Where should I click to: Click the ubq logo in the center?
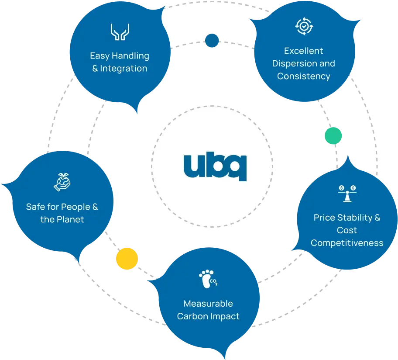tap(215, 166)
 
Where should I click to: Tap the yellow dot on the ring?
tap(127, 259)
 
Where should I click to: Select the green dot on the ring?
tap(333, 135)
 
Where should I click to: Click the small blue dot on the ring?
tap(212, 41)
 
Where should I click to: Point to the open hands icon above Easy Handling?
tap(120, 32)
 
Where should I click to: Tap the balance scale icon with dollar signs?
tap(347, 193)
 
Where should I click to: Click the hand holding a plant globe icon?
tap(62, 182)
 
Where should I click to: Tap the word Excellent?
tap(304, 51)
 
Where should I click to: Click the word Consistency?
tap(304, 76)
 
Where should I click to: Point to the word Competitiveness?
tap(347, 243)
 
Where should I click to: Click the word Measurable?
tap(208, 303)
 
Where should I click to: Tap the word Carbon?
tap(192, 316)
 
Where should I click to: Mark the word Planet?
tap(70, 219)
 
